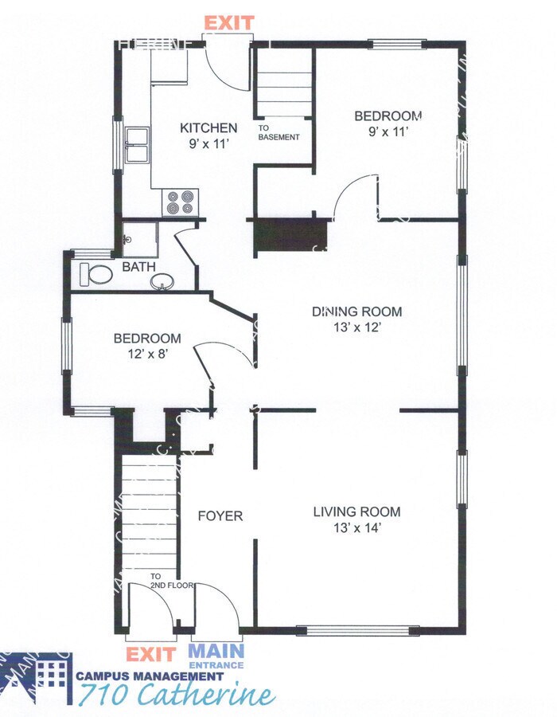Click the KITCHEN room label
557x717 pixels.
coord(208,127)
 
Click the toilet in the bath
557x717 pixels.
coord(98,275)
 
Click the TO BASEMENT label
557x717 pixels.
coord(278,132)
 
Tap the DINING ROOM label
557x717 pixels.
coord(356,311)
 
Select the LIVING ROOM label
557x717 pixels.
coord(356,511)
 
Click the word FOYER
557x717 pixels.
coord(220,516)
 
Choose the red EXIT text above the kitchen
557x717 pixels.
coord(229,22)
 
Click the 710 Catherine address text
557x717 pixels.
coord(176,695)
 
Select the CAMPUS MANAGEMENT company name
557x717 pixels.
coord(150,676)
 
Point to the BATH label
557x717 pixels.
coord(139,268)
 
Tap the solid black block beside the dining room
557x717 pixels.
coord(290,234)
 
